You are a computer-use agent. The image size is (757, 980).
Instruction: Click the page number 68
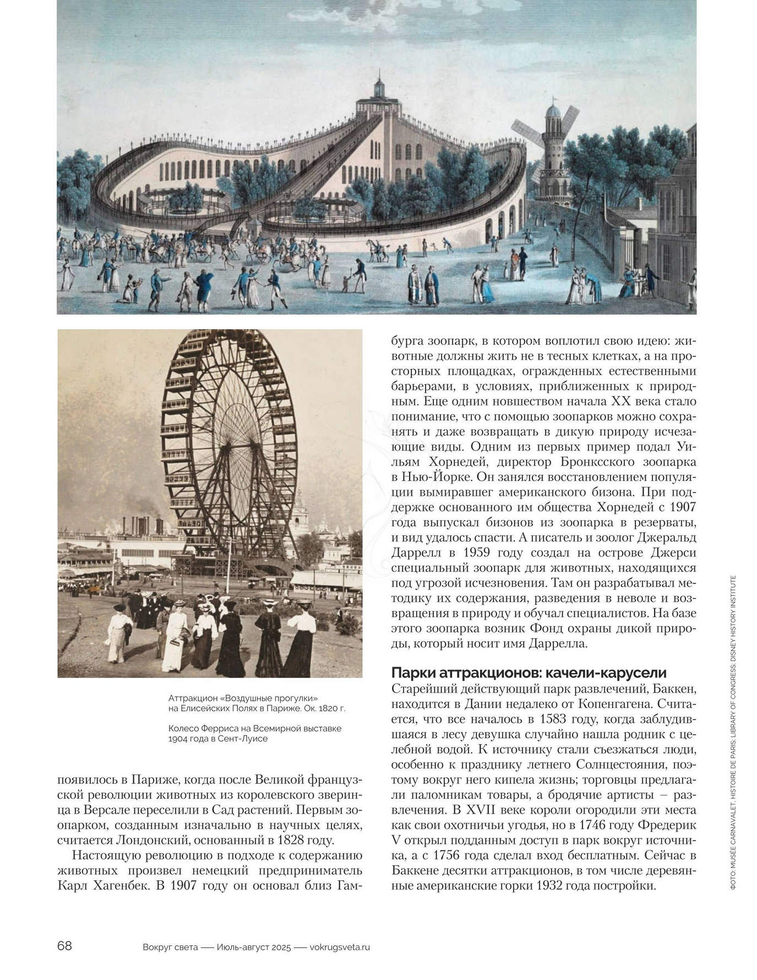click(x=64, y=946)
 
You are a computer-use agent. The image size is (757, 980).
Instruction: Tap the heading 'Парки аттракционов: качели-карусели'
click(x=529, y=673)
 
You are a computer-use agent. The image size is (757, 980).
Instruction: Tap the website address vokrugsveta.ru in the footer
click(x=340, y=947)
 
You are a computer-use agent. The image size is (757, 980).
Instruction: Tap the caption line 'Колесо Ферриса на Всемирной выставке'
click(x=255, y=728)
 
